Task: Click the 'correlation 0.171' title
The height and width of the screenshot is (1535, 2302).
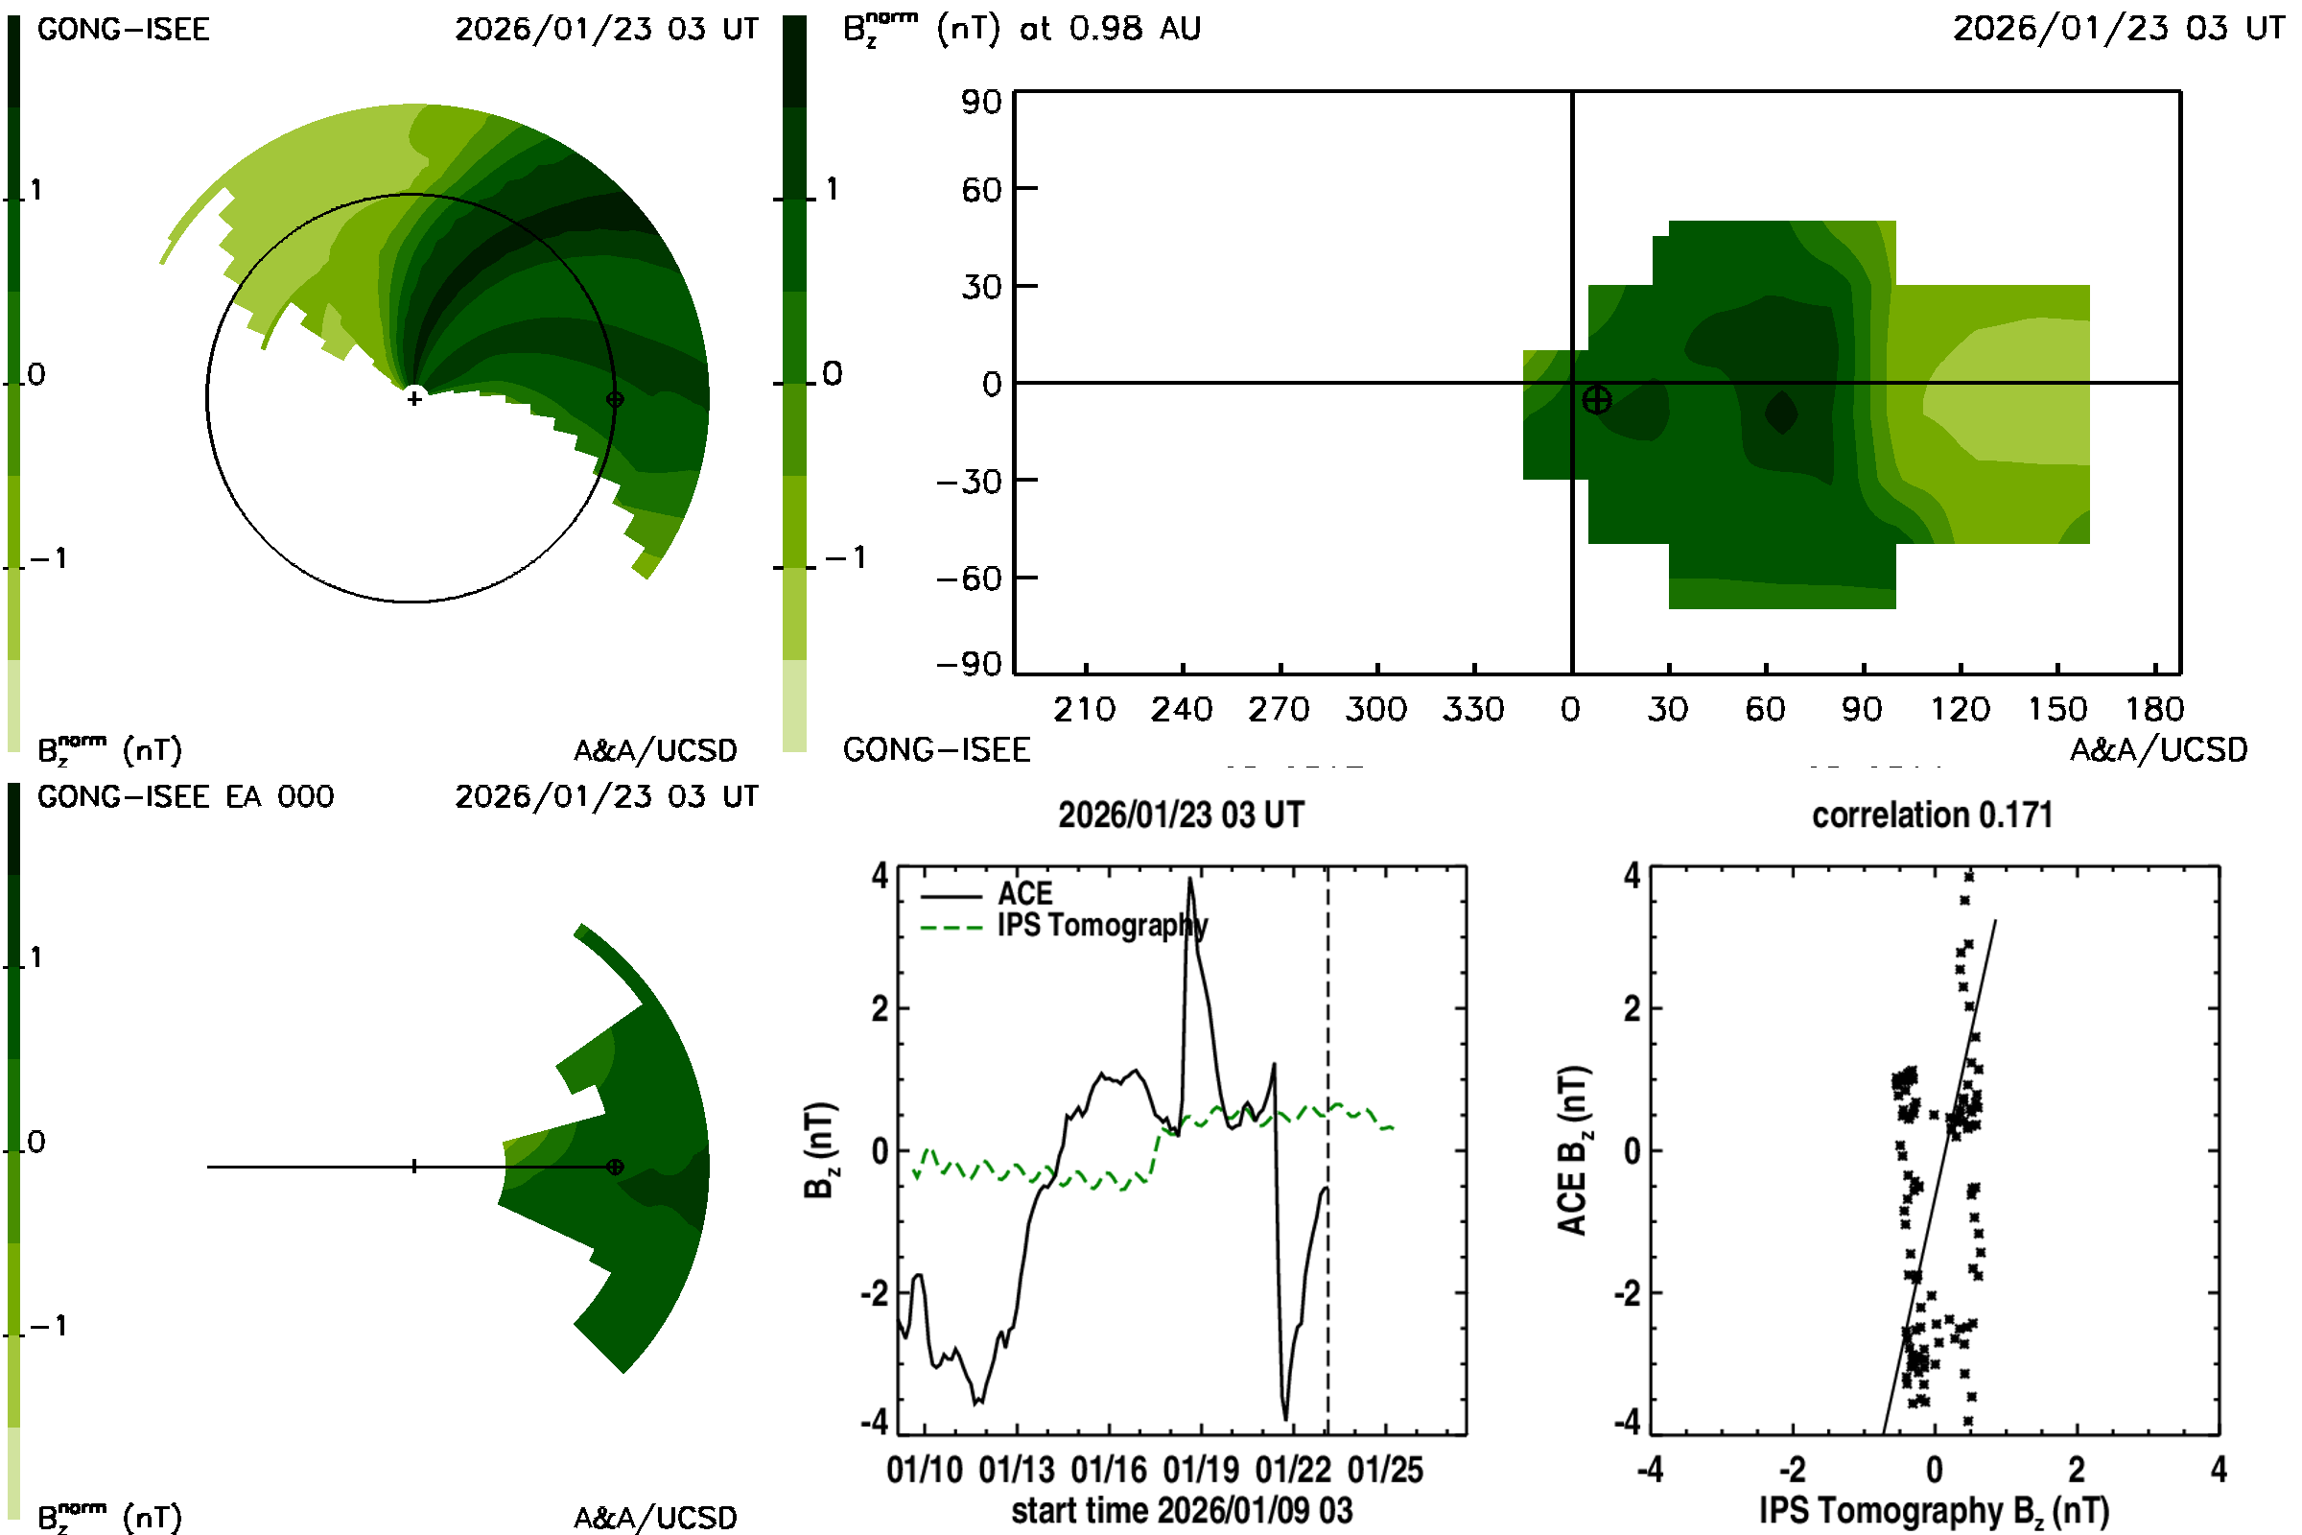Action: tap(1931, 815)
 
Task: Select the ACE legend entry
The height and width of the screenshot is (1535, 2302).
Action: tap(1023, 894)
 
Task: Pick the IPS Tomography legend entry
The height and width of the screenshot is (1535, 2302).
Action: tap(1101, 925)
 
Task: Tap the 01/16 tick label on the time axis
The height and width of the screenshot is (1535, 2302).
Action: tap(1108, 1470)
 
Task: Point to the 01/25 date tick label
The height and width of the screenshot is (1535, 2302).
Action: tap(1385, 1470)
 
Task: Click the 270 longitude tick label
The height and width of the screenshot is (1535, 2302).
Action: tap(1279, 709)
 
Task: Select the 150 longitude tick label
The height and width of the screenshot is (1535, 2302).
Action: tap(2056, 709)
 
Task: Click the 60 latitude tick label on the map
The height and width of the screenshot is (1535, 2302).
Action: tap(980, 189)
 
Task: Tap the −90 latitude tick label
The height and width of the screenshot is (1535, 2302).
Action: tap(969, 665)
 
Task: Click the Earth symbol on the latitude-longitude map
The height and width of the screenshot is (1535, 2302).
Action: tap(1596, 399)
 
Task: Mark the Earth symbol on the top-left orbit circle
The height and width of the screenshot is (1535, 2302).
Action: tap(615, 399)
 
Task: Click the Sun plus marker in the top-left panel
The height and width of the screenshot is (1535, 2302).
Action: tap(414, 398)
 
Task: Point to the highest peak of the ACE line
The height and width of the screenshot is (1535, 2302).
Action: tap(1190, 878)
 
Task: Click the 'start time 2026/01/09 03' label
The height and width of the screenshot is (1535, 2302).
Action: tap(1182, 1510)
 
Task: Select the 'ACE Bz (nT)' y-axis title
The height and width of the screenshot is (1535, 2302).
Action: tap(1572, 1150)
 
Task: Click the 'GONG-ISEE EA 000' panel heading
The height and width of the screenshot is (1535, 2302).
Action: tap(185, 797)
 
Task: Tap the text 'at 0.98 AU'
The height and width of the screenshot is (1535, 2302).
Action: tap(1110, 29)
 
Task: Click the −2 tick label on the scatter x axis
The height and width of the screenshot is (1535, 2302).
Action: tap(1791, 1470)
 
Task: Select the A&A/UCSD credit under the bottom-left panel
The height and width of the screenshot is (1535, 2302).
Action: tap(655, 1518)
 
